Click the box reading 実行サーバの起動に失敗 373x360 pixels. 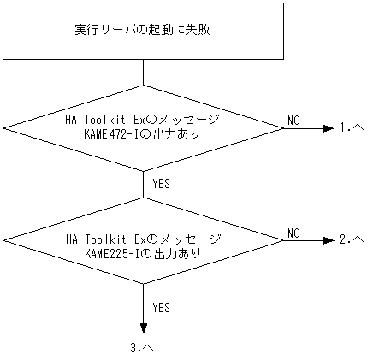143,31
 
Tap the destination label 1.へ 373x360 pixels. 352,128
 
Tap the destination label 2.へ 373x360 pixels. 352,240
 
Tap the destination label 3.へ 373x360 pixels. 143,349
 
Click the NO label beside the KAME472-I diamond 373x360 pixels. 293,121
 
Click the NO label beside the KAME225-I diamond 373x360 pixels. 293,233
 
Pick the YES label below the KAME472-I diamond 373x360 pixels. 161,183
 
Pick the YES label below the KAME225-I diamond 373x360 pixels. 161,306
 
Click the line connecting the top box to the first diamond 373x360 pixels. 143,73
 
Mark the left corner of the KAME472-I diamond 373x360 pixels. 5,128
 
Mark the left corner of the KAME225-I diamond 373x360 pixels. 5,240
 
